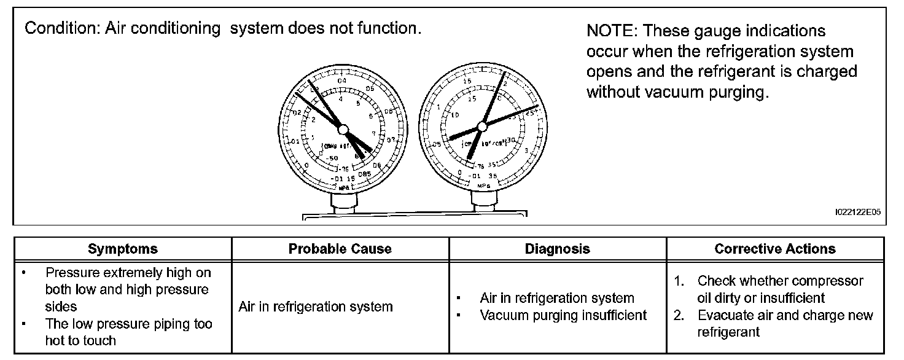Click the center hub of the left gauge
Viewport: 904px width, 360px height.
tap(343, 129)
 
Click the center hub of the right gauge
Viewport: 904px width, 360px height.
tap(482, 127)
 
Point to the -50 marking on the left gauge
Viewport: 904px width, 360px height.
tap(332, 158)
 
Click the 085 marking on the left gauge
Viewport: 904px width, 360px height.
tap(365, 175)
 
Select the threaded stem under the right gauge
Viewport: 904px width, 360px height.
tap(481, 201)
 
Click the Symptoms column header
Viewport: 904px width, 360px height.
tap(123, 249)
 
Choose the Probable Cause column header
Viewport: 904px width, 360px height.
tap(340, 249)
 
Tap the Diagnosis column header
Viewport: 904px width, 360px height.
tap(558, 249)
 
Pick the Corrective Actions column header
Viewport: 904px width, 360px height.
tap(775, 249)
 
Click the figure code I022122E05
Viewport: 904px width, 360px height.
tap(858, 213)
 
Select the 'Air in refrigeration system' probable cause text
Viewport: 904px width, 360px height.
tap(316, 307)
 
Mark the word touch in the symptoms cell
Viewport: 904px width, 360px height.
tap(99, 340)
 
